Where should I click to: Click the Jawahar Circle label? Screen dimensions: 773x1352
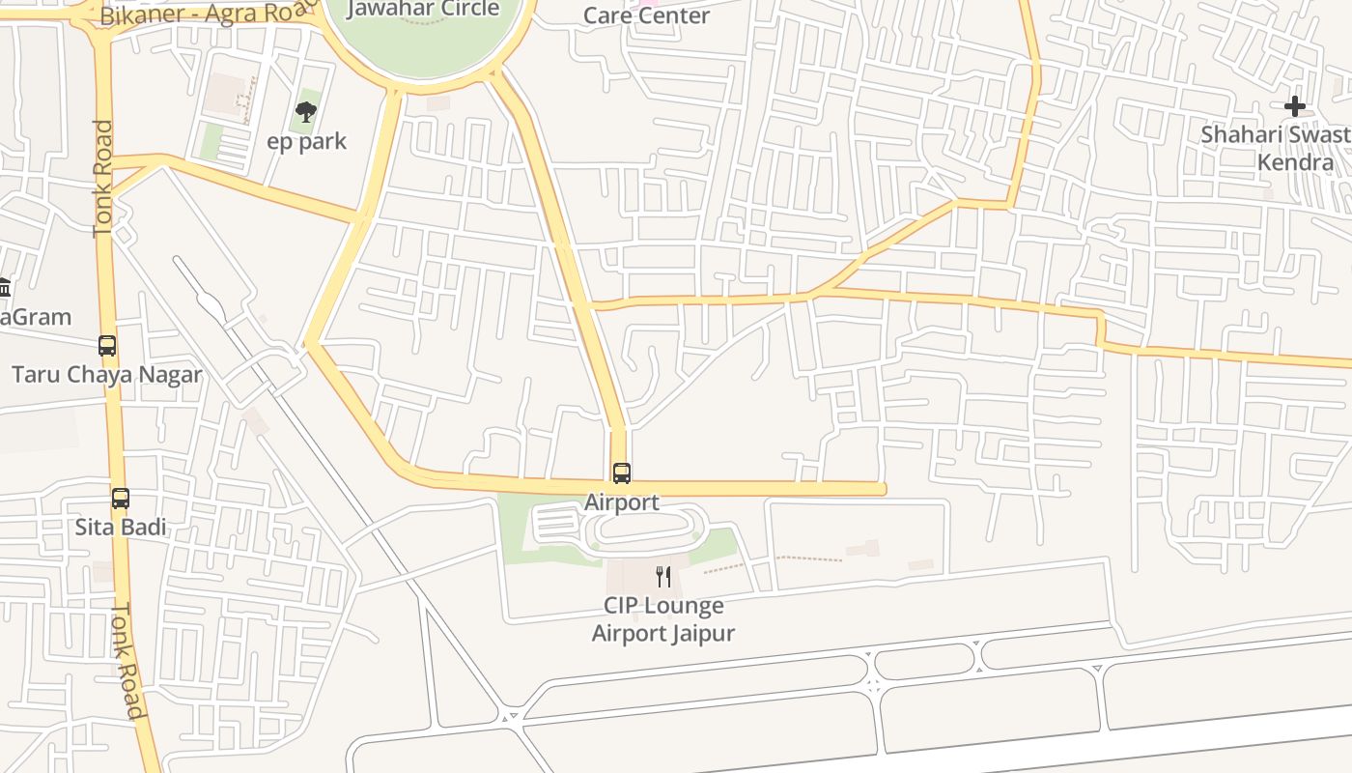423,10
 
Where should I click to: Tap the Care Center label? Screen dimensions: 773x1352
646,15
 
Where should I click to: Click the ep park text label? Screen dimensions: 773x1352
306,142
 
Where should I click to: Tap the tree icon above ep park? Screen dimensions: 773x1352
306,112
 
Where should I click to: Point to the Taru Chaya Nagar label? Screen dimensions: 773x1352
106,375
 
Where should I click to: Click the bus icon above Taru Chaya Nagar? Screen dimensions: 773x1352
107,346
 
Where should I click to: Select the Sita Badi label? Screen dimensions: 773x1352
121,528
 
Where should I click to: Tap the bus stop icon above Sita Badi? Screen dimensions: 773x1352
121,499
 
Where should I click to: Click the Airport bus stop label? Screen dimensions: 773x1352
622,502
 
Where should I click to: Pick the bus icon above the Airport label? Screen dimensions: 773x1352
622,473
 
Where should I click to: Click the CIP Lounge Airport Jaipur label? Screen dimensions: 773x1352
663,619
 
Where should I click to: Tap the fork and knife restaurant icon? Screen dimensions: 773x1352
663,577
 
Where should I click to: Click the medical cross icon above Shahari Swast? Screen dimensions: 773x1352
1295,106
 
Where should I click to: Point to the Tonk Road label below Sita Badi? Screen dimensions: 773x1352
127,661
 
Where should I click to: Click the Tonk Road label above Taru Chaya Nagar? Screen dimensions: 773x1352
103,179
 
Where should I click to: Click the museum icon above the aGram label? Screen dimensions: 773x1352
4,288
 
